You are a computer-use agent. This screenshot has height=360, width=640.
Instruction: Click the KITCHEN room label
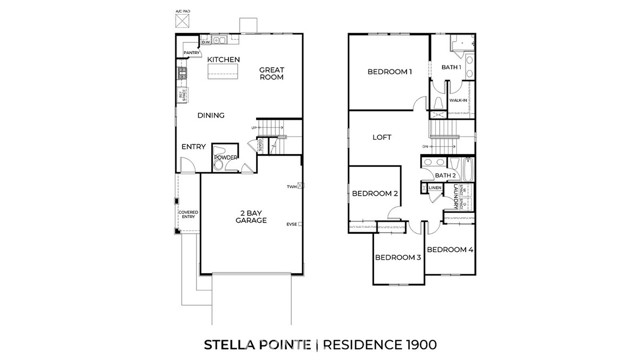pos(223,61)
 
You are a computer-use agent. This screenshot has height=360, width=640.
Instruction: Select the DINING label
pos(210,116)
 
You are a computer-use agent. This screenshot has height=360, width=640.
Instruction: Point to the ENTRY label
pos(194,147)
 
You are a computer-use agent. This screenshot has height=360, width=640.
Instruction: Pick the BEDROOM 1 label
pos(389,72)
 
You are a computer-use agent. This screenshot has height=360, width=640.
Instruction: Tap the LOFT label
pos(381,137)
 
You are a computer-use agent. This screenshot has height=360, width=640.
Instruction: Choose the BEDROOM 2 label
pos(375,194)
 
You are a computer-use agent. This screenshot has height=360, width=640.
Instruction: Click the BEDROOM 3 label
pos(397,258)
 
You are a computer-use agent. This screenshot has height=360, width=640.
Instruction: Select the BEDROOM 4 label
pos(449,249)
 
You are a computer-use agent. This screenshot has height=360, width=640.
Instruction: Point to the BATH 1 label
pos(450,67)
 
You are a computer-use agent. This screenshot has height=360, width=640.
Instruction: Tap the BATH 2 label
pos(447,175)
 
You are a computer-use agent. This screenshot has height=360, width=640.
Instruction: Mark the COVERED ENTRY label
pos(187,214)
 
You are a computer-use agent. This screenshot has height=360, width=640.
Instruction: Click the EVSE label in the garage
pos(290,223)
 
